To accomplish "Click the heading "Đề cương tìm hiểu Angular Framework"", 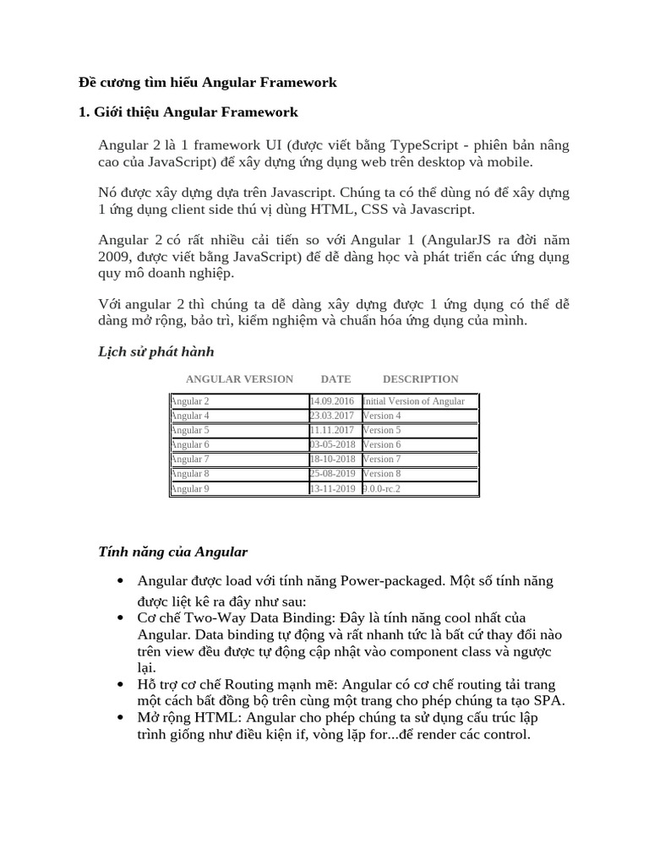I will (208, 82).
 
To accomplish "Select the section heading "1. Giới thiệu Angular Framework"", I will (188, 112).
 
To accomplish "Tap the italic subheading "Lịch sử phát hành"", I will (156, 351).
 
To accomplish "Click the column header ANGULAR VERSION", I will (239, 379).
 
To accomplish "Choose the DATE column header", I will (335, 379).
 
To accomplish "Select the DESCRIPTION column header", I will (420, 379).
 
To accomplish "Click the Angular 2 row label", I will (190, 401).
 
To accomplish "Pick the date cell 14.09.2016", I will (333, 401).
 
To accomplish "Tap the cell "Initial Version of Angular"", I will (414, 401).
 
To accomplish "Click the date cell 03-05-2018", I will (333, 444).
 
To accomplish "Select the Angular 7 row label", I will (190, 459).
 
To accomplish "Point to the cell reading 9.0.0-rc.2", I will (382, 488).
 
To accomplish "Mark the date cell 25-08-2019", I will (333, 474).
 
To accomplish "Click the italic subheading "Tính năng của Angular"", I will (173, 552).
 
